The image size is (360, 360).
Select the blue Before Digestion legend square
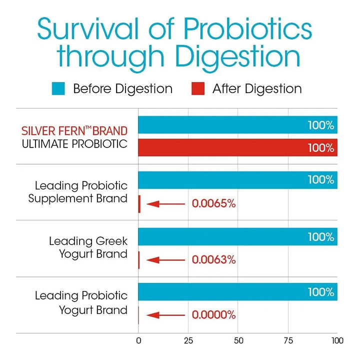(58, 89)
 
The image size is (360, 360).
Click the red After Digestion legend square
(198, 89)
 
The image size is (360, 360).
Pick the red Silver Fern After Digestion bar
(237, 148)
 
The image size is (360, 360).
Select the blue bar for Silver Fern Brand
(237, 125)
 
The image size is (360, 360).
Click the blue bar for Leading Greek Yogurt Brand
(237, 236)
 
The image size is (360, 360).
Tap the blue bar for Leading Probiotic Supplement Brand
(237, 180)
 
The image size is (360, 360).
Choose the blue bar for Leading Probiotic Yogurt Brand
(237, 292)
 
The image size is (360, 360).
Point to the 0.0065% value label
(213, 204)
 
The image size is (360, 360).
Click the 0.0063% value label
(213, 260)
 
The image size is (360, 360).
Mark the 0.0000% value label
(213, 315)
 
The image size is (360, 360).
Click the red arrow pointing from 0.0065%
(165, 204)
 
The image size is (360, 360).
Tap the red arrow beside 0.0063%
(165, 260)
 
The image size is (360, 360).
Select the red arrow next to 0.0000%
(165, 315)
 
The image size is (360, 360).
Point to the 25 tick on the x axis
(188, 341)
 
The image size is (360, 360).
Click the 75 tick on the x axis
(287, 341)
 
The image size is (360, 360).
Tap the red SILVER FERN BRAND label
(74, 131)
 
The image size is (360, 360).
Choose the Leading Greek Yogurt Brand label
(87, 247)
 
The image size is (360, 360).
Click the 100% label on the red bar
(320, 148)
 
